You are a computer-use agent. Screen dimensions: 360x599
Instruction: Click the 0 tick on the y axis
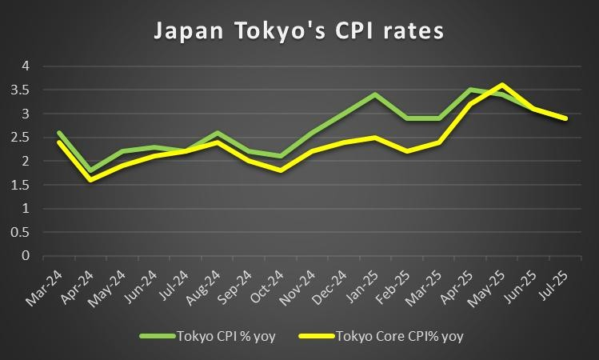[26, 256]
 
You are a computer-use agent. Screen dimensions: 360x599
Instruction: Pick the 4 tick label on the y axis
[26, 66]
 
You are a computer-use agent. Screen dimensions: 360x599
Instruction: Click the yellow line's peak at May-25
[501, 85]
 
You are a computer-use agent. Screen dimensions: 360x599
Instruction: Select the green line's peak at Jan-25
[375, 94]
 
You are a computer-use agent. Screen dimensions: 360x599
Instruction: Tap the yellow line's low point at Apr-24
[90, 180]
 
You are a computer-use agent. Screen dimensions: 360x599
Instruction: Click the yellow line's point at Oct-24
[280, 170]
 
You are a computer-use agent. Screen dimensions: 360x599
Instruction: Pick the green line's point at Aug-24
[217, 133]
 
